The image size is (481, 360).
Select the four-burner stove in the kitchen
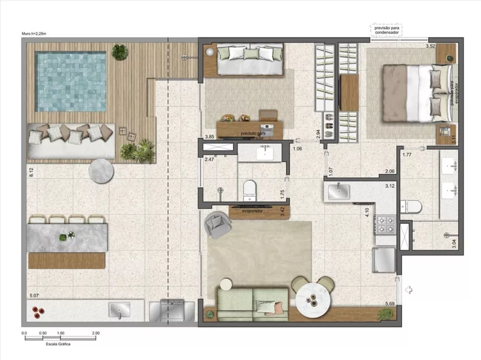(x=385, y=225)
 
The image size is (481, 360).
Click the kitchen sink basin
(x=340, y=191)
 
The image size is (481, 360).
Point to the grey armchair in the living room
(x=217, y=225)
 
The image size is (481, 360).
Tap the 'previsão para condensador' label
(x=386, y=30)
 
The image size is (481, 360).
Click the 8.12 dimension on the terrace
(x=31, y=173)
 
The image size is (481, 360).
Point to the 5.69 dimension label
(x=390, y=304)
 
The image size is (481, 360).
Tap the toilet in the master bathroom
(x=412, y=207)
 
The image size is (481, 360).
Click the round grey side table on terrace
(x=101, y=171)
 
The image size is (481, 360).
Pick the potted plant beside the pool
(x=120, y=51)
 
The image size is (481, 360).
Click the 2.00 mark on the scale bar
(x=96, y=333)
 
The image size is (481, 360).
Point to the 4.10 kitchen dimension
(x=367, y=212)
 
